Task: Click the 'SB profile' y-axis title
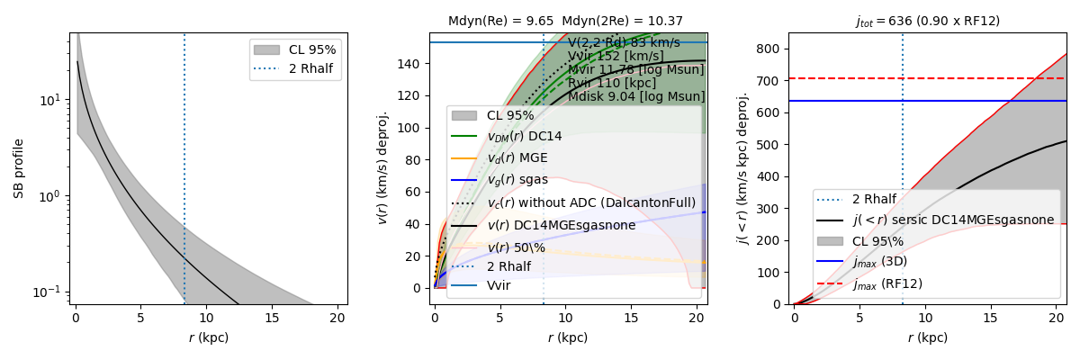18,168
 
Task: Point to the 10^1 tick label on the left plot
49,99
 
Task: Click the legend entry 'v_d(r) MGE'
517,158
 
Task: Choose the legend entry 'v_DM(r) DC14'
524,137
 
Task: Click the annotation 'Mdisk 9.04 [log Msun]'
636,96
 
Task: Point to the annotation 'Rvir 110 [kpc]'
612,83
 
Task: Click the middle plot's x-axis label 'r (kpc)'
567,337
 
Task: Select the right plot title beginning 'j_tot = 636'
927,21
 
